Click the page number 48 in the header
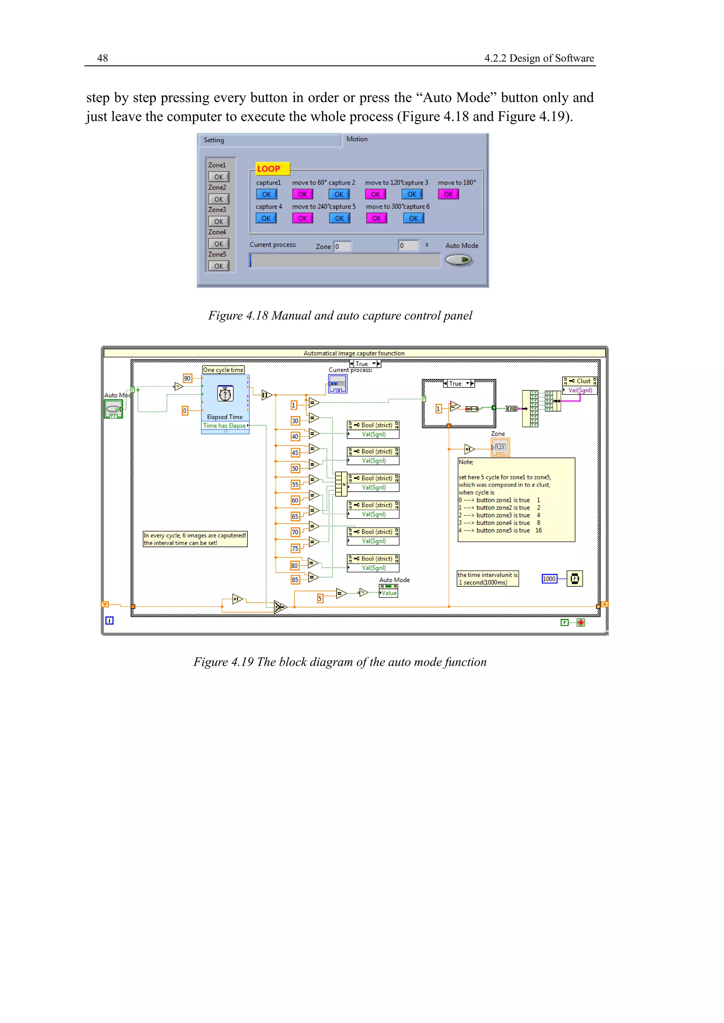(103, 58)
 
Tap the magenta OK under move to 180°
(448, 194)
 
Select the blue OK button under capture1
(266, 194)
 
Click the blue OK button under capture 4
(266, 218)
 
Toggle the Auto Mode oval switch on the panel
(459, 260)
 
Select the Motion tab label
(357, 139)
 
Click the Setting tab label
(214, 140)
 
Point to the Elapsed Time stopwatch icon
(225, 394)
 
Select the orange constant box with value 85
(295, 580)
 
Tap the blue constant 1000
(549, 579)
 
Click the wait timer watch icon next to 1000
(575, 579)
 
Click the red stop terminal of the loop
(580, 622)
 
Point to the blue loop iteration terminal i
(109, 620)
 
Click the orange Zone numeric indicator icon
(500, 447)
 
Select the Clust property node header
(579, 381)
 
